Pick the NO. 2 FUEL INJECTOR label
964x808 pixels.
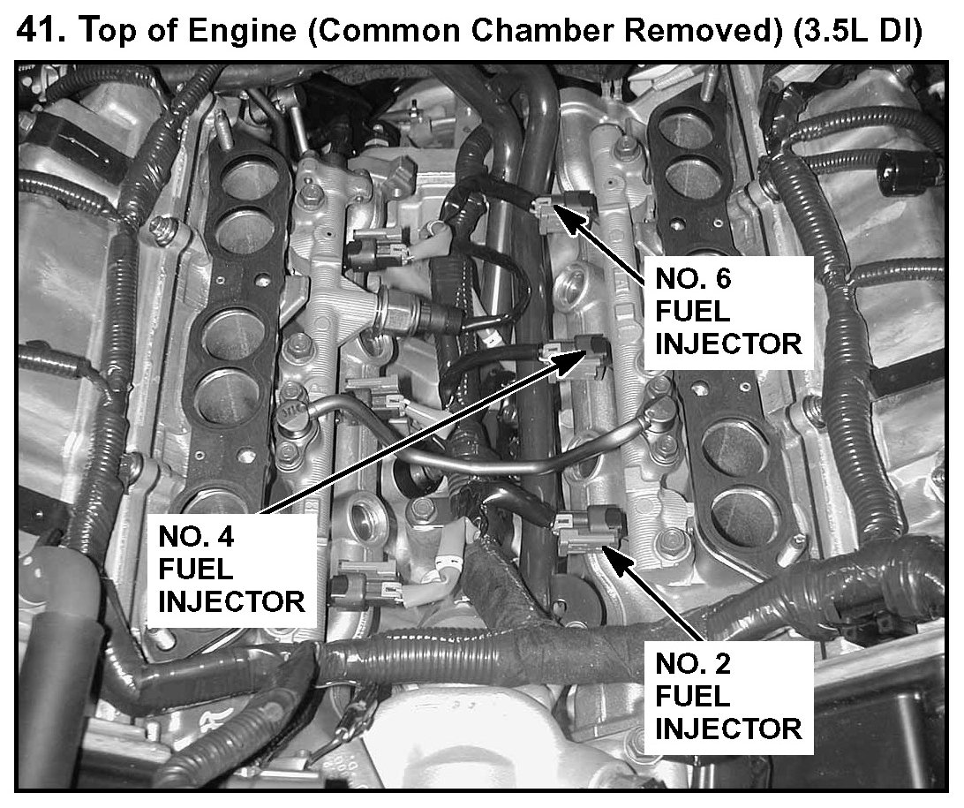[x=727, y=698]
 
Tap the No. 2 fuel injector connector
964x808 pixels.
[x=587, y=528]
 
